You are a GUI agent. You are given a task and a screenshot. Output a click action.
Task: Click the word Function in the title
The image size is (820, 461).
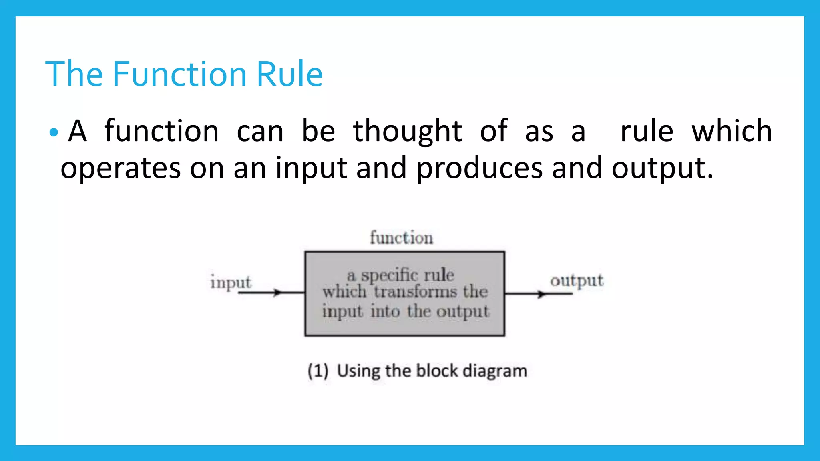[x=179, y=74]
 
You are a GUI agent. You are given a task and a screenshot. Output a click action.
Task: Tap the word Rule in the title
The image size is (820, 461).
[x=289, y=74]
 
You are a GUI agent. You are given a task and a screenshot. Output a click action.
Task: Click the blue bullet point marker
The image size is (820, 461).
[x=53, y=132]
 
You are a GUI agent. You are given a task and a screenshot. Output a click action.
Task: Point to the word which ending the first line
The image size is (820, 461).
[x=732, y=131]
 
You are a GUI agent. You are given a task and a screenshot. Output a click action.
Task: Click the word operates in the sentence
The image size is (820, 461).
[x=121, y=168]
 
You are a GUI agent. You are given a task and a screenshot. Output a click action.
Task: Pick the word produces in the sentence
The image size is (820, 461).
[x=479, y=168]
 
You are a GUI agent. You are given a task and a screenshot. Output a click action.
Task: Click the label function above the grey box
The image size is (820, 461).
[x=401, y=238]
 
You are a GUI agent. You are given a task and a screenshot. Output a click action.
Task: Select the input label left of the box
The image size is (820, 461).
[x=231, y=283]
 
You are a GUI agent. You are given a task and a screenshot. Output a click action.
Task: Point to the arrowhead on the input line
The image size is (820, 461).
[x=277, y=293]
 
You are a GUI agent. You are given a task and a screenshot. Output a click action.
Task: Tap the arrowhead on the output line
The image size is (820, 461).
[x=541, y=294]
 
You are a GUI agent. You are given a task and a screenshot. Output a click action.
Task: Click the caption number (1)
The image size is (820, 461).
[x=318, y=371]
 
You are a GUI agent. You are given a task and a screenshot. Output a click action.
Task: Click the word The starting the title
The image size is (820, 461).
[x=74, y=74]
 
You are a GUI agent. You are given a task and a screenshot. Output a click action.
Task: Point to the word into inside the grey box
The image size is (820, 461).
[x=385, y=311]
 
